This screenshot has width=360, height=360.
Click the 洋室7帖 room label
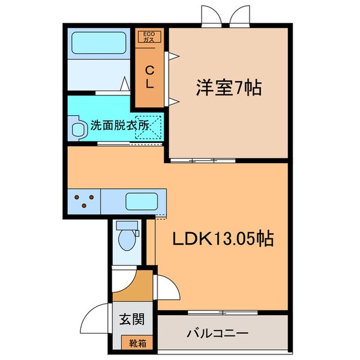(x=227, y=89)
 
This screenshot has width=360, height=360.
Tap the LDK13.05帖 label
(x=223, y=239)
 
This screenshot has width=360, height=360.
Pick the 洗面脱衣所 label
(x=119, y=127)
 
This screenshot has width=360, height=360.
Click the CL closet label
(x=150, y=76)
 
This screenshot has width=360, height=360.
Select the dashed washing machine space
(x=148, y=127)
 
